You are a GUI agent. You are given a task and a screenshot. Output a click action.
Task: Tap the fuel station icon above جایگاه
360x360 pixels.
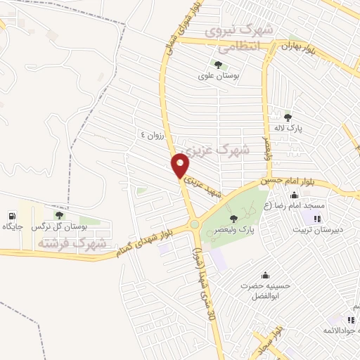pyautogui.click(x=12, y=215)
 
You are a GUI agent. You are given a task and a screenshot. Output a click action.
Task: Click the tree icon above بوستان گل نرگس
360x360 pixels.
pyautogui.click(x=59, y=216)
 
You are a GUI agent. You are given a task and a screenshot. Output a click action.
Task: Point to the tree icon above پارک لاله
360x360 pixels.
pyautogui.click(x=287, y=117)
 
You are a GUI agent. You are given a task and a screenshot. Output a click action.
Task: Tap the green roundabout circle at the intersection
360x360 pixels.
pyautogui.click(x=193, y=225)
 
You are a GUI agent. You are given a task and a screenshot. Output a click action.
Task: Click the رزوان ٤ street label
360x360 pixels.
pyautogui.click(x=152, y=135)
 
